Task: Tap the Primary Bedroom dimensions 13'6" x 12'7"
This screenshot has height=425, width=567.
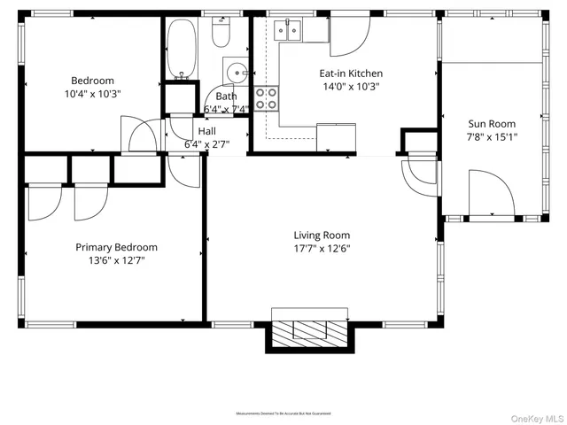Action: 116,260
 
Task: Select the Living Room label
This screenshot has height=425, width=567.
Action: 322,235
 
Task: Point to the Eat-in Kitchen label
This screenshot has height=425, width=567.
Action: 352,74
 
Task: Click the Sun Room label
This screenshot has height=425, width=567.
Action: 491,124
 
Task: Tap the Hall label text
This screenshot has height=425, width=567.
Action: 206,131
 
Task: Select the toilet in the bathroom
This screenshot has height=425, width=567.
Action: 221,34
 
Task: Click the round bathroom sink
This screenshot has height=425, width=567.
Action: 235,71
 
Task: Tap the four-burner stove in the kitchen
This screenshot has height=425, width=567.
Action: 266,98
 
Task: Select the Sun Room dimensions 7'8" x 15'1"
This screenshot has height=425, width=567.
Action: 491,137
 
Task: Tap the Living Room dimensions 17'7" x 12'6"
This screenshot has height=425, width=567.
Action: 322,248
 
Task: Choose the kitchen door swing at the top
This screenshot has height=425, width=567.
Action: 350,34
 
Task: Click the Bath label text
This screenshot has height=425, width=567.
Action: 226,97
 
